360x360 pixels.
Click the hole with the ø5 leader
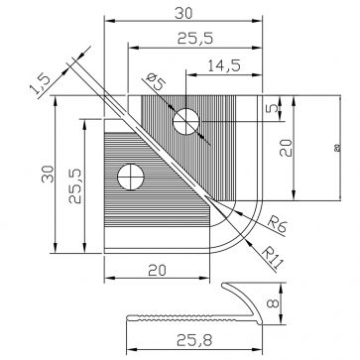pos(185,122)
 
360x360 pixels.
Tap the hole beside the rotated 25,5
pos(130,178)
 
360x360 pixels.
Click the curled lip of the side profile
pos(244,292)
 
